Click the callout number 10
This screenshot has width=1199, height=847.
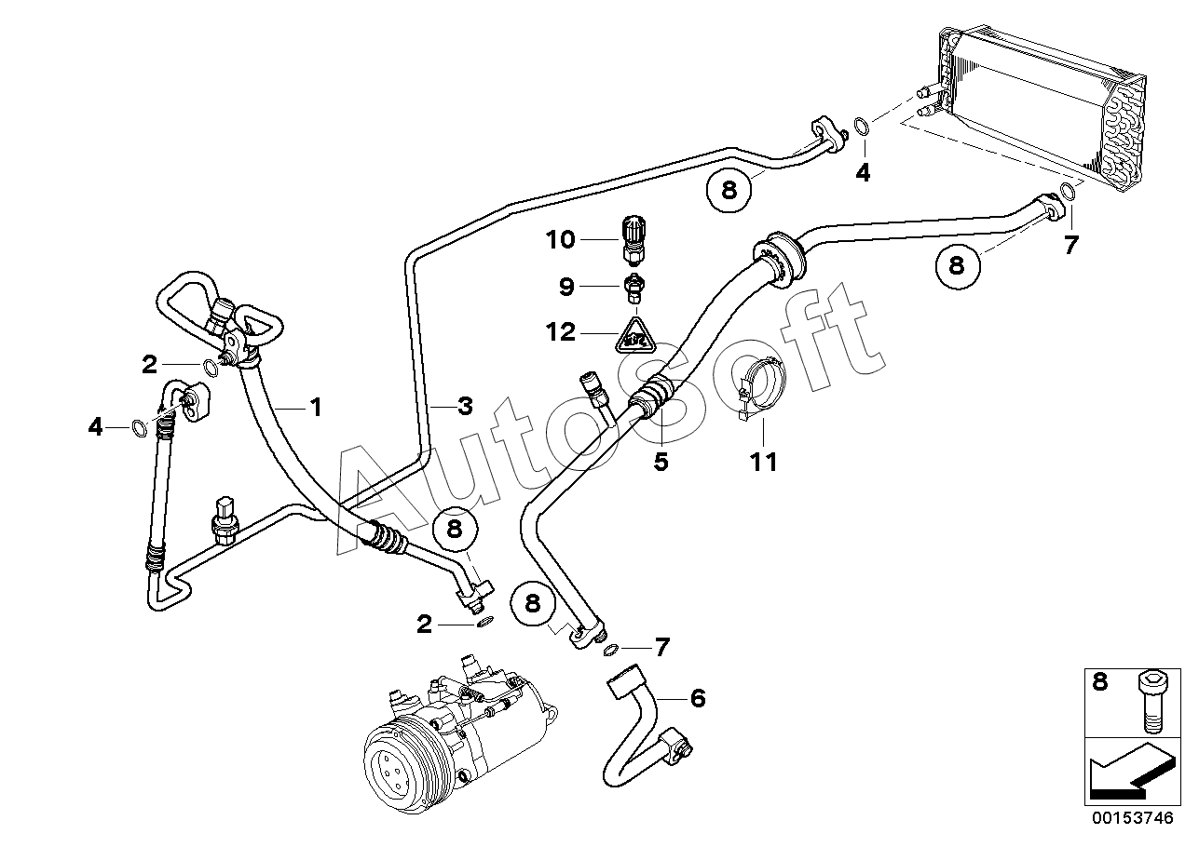click(561, 239)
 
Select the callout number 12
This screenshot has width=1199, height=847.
click(561, 332)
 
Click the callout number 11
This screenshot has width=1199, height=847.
click(763, 463)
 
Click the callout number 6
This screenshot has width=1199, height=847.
click(698, 698)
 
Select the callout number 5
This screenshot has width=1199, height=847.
click(661, 462)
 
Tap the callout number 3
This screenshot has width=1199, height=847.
click(465, 407)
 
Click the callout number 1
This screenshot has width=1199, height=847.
click(317, 408)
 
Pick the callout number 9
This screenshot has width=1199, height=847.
click(566, 287)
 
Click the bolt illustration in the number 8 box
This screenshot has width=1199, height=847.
click(1153, 702)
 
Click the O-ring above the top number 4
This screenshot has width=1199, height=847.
click(861, 127)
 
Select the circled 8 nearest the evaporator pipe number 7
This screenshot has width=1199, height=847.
click(958, 266)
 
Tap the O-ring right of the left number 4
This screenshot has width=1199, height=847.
click(139, 428)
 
